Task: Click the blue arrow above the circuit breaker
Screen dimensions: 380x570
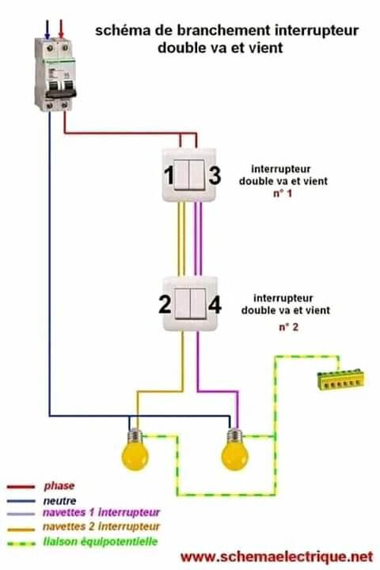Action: click(47, 29)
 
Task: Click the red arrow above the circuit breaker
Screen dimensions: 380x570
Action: click(61, 29)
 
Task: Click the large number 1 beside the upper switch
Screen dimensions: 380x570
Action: click(169, 175)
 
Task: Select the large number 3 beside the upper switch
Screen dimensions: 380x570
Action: click(215, 175)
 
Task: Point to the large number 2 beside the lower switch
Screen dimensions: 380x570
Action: click(165, 304)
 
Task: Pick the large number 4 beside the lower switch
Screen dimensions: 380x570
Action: click(215, 304)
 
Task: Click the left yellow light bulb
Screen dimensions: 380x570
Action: click(135, 450)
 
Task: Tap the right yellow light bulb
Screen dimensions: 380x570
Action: click(234, 450)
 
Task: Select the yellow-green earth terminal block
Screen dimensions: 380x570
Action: click(340, 380)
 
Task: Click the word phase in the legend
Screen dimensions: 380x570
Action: click(59, 486)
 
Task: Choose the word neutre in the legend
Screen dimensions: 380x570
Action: click(59, 500)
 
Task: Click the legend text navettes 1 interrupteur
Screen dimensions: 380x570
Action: click(101, 512)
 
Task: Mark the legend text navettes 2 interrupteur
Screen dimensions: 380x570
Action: click(101, 526)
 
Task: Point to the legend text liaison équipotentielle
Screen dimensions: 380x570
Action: click(101, 541)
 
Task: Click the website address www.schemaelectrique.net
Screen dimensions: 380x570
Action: click(277, 557)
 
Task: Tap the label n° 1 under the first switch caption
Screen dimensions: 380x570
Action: click(283, 193)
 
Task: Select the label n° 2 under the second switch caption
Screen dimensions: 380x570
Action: click(288, 327)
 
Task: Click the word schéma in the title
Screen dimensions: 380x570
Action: click(123, 31)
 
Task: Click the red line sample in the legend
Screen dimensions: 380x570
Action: click(21, 487)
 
